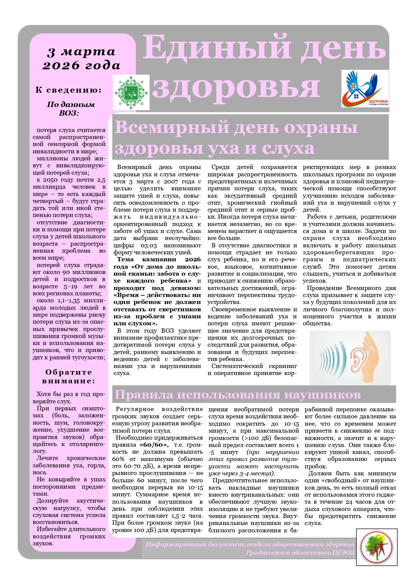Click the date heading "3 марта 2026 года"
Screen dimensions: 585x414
click(81, 58)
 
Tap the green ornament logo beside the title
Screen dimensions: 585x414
click(131, 93)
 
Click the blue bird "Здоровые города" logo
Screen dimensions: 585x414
click(365, 88)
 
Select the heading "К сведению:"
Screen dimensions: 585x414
click(68, 90)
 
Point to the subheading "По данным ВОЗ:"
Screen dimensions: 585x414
click(70, 109)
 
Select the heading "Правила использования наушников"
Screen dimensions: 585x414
click(238, 394)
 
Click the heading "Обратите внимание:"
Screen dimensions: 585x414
click(68, 376)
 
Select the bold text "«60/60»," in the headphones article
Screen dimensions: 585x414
click(154, 445)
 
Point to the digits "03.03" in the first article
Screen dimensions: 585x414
click(149, 246)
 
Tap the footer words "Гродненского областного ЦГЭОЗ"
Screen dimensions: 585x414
click(300, 553)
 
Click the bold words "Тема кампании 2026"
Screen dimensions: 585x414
click(159, 260)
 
